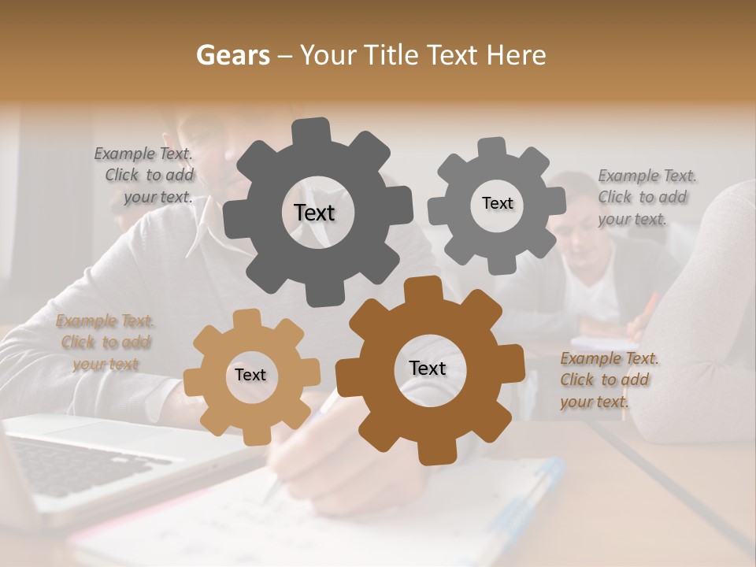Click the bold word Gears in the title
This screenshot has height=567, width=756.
click(x=232, y=55)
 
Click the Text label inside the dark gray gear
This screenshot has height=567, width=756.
click(x=314, y=213)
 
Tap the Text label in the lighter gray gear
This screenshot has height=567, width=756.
click(x=497, y=203)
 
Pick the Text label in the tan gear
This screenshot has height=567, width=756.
click(x=250, y=375)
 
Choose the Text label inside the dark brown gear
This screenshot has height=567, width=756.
click(x=428, y=368)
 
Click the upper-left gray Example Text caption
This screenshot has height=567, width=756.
click(x=143, y=176)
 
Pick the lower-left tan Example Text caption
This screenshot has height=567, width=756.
click(x=105, y=343)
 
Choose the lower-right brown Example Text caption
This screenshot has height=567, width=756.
click(x=608, y=380)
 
